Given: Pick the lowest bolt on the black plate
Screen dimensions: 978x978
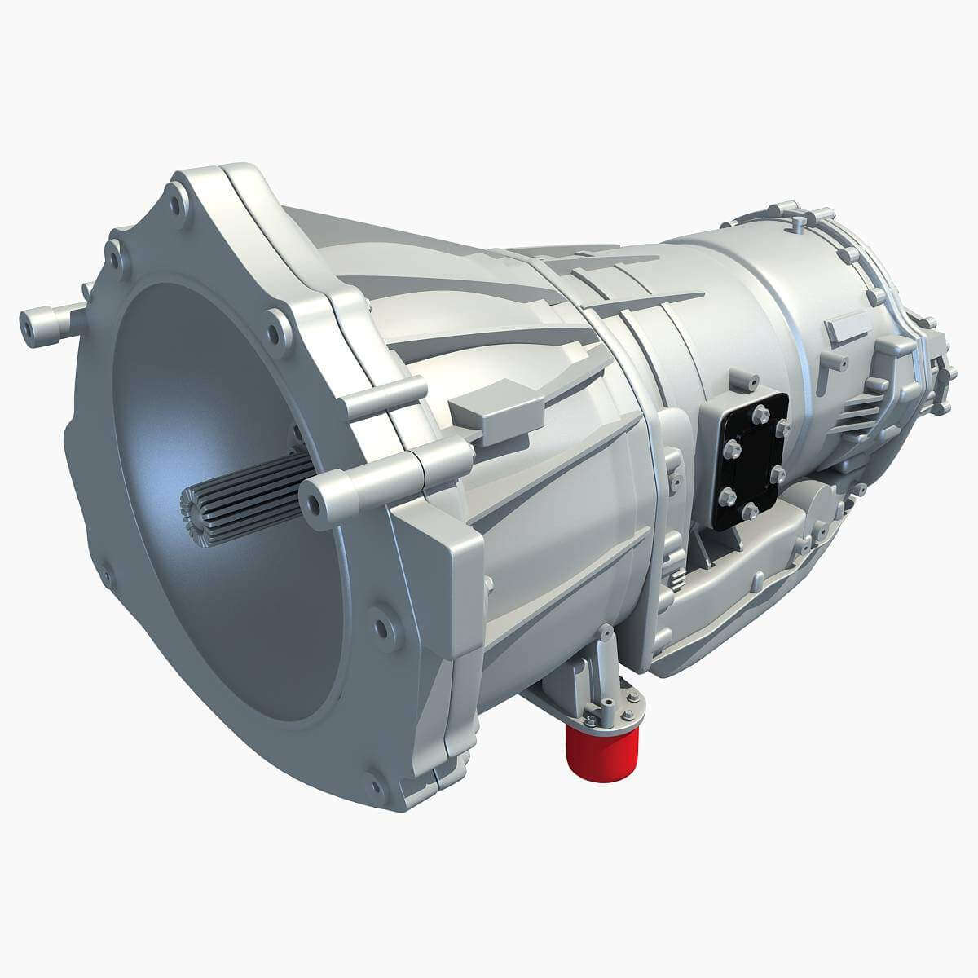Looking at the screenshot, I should pos(749,511).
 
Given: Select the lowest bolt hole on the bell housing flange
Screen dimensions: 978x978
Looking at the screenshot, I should pos(376,786).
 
